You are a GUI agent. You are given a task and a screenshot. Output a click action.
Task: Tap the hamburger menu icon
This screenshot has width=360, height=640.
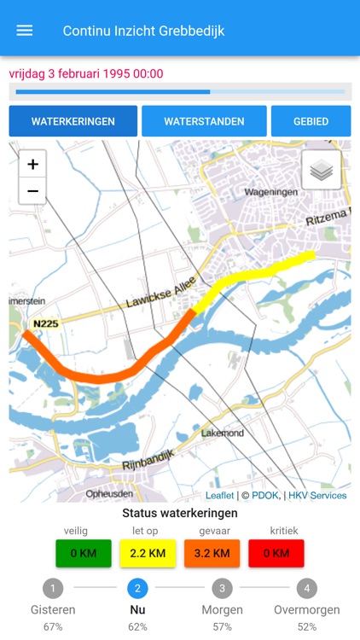point(25,31)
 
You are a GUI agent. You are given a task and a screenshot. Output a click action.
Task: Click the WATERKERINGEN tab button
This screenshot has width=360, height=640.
point(73,121)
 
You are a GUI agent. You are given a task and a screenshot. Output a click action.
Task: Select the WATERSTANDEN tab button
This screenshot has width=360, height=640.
point(204,121)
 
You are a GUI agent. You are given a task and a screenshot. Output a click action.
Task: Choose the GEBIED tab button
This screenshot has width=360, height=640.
point(311,121)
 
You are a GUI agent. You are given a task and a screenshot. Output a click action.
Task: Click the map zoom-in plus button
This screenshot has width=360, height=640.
point(32,165)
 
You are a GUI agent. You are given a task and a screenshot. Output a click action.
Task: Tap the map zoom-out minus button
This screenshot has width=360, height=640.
point(32,190)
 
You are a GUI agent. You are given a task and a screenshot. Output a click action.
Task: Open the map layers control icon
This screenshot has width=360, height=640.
point(322,171)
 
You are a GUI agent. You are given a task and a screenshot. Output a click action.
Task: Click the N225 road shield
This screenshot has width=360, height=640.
point(46,324)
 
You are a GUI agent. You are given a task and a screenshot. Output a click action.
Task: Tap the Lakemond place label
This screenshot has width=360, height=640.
point(223,433)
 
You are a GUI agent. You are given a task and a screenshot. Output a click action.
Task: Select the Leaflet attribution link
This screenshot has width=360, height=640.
point(219,496)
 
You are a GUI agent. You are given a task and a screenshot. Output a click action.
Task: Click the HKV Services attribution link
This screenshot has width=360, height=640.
point(317,496)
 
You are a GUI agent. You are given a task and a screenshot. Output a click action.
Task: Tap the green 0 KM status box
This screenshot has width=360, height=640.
point(84,553)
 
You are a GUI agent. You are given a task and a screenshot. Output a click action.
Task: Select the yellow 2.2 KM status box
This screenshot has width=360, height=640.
point(148,553)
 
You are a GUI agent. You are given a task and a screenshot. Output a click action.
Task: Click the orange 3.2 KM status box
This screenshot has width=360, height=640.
point(212,553)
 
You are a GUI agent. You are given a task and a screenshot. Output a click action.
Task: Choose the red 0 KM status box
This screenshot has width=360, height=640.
point(276,553)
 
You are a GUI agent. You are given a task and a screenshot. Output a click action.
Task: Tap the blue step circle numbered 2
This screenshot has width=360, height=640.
point(137,588)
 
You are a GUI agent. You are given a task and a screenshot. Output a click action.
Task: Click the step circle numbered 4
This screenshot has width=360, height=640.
point(307,588)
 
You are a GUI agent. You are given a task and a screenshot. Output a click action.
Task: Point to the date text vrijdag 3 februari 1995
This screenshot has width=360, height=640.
point(85,73)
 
